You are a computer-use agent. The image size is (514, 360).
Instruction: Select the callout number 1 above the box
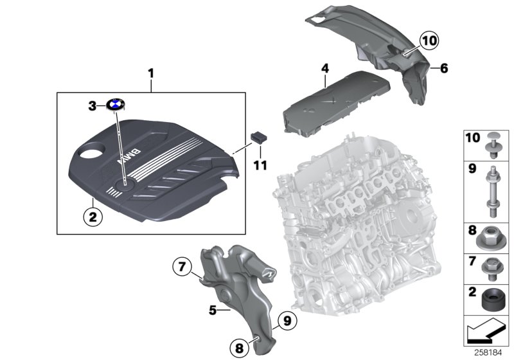click(151, 74)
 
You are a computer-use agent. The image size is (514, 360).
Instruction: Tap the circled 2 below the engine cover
click(93, 218)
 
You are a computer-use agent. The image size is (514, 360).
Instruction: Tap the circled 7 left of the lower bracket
click(182, 265)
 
